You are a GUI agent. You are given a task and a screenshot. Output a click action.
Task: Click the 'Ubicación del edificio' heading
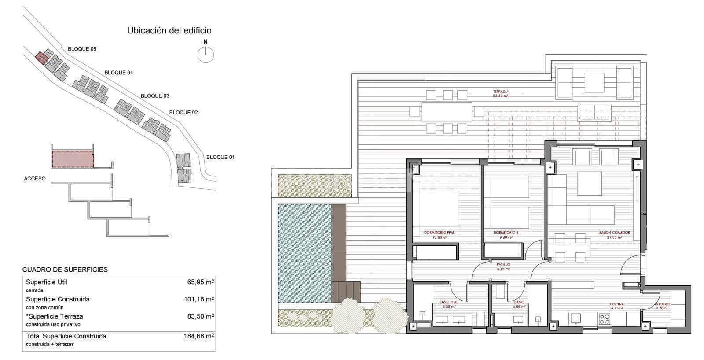(x=169, y=31)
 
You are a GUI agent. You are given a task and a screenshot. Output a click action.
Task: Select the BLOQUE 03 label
(x=155, y=96)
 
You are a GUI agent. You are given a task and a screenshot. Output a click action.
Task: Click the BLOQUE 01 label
(x=220, y=157)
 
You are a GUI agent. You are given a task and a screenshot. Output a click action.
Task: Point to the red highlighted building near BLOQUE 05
(x=41, y=58)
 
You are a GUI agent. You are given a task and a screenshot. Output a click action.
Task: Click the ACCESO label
(x=35, y=179)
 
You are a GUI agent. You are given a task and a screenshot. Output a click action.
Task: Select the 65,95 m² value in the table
(x=201, y=282)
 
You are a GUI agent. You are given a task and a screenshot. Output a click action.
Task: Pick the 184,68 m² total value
(x=199, y=336)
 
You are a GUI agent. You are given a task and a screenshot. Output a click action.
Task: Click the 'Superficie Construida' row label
(x=58, y=299)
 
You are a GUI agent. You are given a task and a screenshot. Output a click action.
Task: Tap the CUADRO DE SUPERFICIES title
(x=65, y=269)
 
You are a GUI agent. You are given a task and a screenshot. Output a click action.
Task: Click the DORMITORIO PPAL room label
(x=439, y=233)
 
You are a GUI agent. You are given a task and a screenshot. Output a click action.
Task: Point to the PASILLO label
(x=503, y=265)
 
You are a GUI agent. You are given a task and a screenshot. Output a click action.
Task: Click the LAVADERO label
(x=661, y=304)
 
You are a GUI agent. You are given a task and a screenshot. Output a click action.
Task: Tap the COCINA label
(x=616, y=304)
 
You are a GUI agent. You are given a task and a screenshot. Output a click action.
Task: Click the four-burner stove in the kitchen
(x=605, y=319)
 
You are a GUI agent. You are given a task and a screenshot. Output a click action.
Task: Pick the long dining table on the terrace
(x=447, y=112)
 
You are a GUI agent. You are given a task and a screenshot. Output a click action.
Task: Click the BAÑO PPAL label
(x=449, y=302)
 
